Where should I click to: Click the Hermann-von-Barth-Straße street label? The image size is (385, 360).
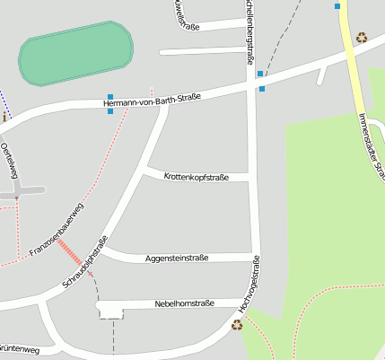(x=152, y=101)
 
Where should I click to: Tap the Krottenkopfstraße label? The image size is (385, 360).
(x=197, y=177)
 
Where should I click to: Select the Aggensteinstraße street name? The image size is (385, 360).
(x=177, y=259)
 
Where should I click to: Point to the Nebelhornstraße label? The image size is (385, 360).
(x=184, y=303)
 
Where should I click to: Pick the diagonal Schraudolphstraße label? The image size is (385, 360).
(x=86, y=262)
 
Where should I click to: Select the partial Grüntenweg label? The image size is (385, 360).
(x=18, y=349)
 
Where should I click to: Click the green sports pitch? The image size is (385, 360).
(x=75, y=55)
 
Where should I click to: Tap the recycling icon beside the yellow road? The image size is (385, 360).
(x=361, y=38)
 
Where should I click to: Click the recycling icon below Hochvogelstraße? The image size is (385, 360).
(x=237, y=325)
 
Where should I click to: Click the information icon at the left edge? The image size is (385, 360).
(x=4, y=117)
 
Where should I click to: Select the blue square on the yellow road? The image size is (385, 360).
(x=337, y=6)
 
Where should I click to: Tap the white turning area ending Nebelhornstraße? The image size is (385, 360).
(x=109, y=308)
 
